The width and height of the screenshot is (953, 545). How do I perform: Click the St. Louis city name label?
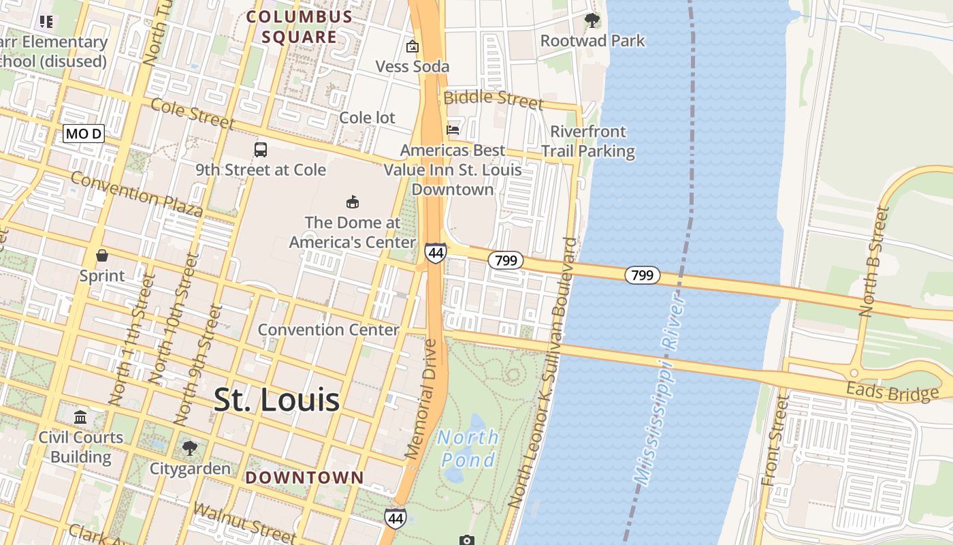[276, 400]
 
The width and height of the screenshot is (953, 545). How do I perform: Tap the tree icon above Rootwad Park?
[592, 20]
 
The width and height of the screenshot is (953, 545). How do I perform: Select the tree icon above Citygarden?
[190, 448]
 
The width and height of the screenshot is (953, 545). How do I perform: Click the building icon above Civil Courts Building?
[80, 417]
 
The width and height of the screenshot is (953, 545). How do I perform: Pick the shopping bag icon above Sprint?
[102, 255]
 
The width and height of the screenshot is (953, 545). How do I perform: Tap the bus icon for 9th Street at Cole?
[261, 149]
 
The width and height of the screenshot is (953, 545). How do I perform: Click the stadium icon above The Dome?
[353, 202]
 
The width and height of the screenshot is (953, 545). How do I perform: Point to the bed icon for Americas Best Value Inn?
[453, 129]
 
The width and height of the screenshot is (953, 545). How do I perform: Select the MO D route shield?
[83, 134]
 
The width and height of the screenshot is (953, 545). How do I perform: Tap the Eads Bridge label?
[892, 392]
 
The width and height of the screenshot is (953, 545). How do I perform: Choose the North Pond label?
[468, 448]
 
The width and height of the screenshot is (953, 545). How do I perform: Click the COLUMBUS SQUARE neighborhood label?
[300, 27]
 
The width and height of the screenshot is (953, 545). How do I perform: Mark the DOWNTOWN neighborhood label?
[304, 478]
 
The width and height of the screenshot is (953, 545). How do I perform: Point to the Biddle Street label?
[494, 99]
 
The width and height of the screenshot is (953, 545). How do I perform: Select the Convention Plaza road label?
[136, 195]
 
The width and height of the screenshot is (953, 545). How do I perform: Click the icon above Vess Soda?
[412, 46]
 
